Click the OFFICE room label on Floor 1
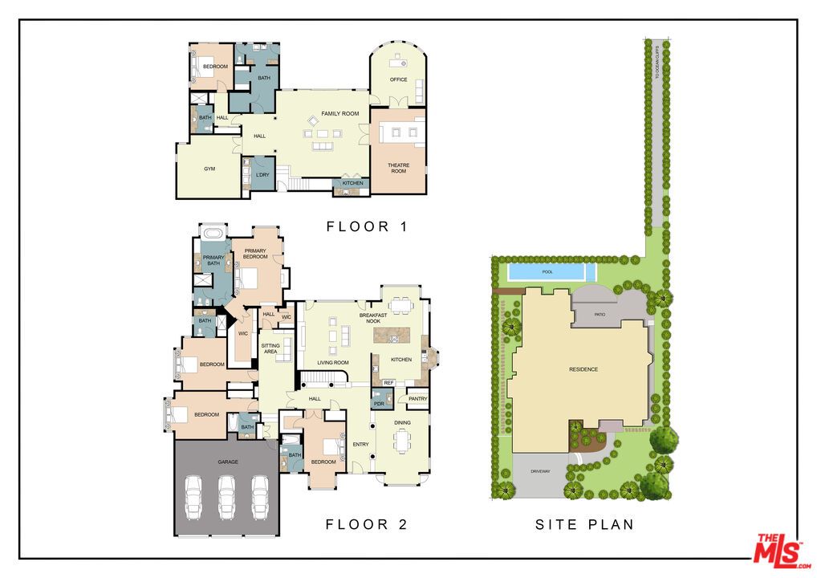398,79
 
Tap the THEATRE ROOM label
398,168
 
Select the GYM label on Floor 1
209,169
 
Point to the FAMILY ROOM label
340,114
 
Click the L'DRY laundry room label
262,175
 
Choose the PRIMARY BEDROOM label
255,254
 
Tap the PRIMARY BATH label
213,260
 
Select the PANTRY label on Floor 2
417,399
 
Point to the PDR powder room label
379,404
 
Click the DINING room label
402,422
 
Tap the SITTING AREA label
270,348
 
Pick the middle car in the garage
227,496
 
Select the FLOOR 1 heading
367,227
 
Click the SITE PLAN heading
584,525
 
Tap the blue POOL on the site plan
547,272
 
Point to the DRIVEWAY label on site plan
540,471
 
